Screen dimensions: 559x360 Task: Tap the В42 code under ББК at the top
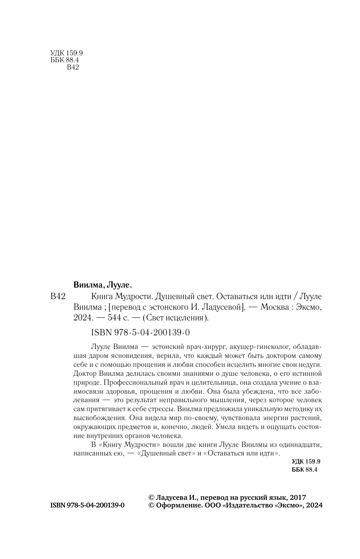[x=74, y=68]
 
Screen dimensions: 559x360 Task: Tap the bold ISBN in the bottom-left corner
[x=87, y=505]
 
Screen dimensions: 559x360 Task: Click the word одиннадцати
[x=301, y=445]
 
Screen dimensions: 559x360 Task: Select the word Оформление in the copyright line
[x=176, y=505]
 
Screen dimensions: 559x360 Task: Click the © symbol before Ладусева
[x=151, y=497]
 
